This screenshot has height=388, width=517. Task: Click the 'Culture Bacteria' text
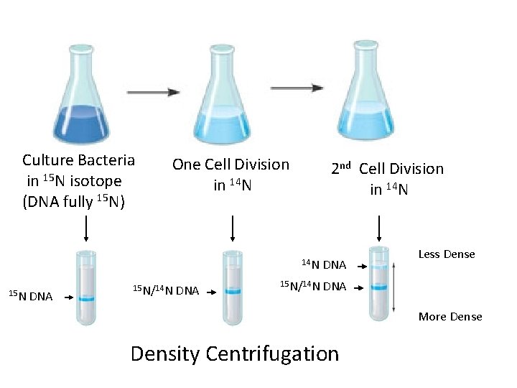coord(78,160)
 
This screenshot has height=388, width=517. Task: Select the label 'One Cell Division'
coord(230,165)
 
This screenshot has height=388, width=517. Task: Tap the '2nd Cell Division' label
coord(387,169)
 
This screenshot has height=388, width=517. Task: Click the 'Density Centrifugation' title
coord(234,354)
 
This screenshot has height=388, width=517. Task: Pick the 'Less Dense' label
coord(446,254)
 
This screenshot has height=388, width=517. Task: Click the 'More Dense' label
coord(450,316)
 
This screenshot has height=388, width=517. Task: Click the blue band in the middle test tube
coord(232,291)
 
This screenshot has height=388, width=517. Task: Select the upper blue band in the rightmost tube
coord(378,267)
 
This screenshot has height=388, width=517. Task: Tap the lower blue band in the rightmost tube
coord(378,287)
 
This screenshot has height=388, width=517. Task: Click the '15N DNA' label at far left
coord(29,294)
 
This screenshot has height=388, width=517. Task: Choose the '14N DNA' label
coord(323,265)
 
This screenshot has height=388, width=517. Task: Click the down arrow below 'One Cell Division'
coord(232,228)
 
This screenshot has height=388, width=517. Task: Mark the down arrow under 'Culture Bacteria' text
coord(86,228)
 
